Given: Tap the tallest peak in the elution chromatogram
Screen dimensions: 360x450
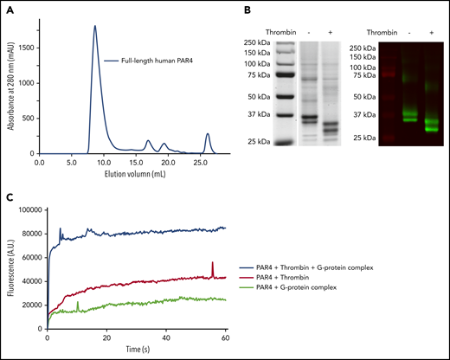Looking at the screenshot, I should click(94, 27).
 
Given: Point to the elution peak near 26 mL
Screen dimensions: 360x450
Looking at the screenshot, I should click(208, 134).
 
